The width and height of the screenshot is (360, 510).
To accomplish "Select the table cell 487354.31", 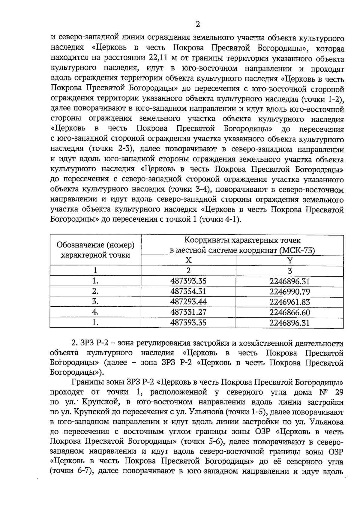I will coord(188,291).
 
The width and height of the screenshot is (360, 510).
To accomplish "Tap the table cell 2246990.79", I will coord(289,292).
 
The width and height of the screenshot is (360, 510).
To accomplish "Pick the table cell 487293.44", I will coord(188,301).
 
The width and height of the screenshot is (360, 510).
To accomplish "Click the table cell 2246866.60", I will coord(289,312).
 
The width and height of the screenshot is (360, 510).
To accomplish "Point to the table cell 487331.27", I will coord(188,312).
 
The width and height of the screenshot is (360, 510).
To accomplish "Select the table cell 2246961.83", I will coord(289,302).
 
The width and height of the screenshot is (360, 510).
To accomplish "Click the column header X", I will coord(188,260).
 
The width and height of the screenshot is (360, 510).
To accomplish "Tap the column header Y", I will coord(290,260).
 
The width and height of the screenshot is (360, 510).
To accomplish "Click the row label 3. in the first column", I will coord(95,301).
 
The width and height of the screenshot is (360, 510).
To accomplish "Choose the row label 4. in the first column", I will coord(95,312).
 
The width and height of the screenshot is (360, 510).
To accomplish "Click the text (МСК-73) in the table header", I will coord(297,250).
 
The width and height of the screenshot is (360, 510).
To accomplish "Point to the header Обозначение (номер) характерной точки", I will coord(95,250).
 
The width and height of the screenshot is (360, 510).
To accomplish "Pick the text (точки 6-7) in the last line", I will coord(71,471).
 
